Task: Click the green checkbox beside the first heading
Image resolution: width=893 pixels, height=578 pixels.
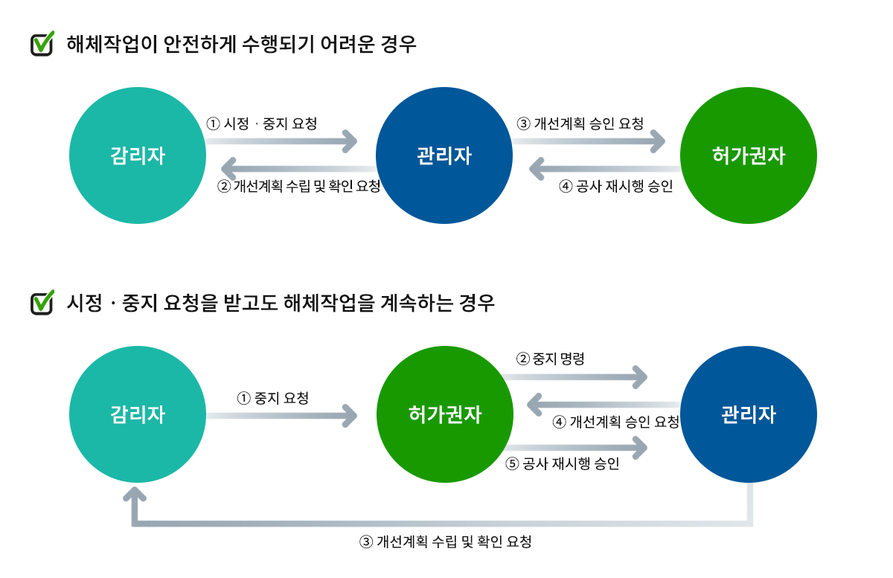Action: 42,44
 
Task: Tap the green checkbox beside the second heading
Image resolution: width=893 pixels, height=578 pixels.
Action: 42,303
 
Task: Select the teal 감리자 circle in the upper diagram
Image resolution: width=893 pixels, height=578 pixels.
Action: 138,156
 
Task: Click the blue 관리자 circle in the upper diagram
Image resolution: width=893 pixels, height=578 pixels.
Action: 444,156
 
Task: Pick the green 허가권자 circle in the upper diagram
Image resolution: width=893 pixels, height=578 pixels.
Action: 749,156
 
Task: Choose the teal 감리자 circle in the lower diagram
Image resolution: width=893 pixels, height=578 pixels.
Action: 138,414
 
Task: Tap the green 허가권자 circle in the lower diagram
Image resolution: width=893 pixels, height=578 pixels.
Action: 445,414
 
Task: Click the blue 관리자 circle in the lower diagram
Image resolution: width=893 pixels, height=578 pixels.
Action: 749,414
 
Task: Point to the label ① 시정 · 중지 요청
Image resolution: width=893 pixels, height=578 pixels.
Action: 262,123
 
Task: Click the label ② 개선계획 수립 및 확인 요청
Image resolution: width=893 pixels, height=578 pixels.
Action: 299,186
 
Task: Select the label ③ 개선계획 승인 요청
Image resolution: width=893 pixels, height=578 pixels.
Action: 580,123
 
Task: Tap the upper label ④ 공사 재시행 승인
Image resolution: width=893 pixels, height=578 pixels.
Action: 615,186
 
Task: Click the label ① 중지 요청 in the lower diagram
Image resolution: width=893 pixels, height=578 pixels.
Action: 272,398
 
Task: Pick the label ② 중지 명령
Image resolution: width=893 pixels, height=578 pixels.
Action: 551,359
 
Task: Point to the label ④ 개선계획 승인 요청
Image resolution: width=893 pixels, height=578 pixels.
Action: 616,423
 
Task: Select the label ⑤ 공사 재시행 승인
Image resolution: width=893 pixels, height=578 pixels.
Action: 563,464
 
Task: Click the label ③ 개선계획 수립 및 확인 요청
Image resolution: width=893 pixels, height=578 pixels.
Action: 446,542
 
